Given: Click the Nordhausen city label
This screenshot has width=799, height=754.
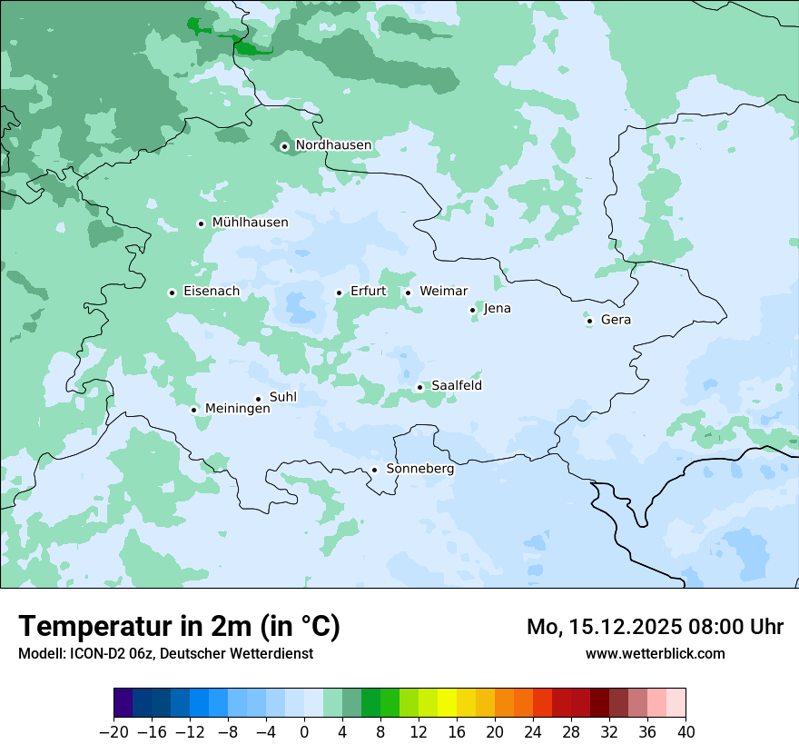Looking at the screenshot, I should [x=333, y=145].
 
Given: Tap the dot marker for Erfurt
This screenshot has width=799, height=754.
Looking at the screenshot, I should [x=339, y=293].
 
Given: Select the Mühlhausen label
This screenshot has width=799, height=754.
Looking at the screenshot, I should [x=250, y=223].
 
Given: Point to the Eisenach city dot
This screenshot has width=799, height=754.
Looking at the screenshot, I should [x=172, y=293].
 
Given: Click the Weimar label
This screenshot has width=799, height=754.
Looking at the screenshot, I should [x=443, y=292].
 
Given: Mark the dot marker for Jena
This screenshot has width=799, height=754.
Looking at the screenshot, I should [x=472, y=310].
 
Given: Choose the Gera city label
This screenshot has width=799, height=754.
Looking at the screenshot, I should [x=616, y=320].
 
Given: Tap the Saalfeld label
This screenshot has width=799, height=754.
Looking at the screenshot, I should [x=456, y=386].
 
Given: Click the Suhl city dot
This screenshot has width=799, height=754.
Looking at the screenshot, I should [x=258, y=399].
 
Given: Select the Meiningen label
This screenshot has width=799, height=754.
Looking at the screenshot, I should [x=237, y=409].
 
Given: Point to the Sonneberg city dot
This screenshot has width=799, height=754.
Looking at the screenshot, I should [x=374, y=470].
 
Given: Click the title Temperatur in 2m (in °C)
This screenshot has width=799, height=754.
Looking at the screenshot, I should [x=179, y=626].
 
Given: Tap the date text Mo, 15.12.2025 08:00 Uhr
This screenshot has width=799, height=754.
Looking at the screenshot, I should [x=655, y=627].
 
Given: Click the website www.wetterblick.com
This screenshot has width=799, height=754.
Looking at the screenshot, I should [x=655, y=653].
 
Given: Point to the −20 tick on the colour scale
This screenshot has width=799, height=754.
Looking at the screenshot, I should [x=114, y=731].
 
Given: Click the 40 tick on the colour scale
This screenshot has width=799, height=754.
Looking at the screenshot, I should [x=686, y=731].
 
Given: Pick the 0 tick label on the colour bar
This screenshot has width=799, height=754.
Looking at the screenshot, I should [x=304, y=731].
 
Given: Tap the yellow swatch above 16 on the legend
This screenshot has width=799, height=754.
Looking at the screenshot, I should [x=447, y=703].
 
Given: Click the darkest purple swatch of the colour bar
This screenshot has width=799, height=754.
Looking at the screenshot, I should [x=123, y=703].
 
